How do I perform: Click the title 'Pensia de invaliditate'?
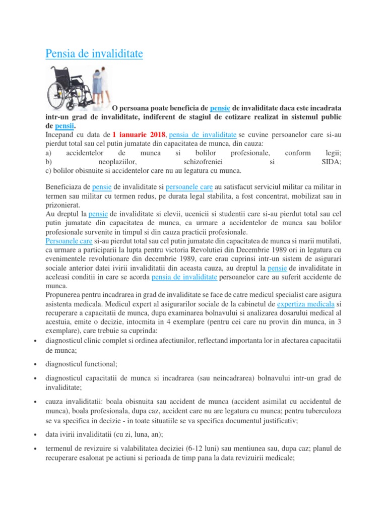click(x=94, y=53)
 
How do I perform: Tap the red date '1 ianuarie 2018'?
click(x=139, y=135)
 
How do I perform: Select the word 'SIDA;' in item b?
click(x=331, y=162)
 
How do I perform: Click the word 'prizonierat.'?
click(x=62, y=205)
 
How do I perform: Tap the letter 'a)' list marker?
click(x=48, y=153)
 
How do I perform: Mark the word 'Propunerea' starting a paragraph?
click(x=65, y=295)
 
